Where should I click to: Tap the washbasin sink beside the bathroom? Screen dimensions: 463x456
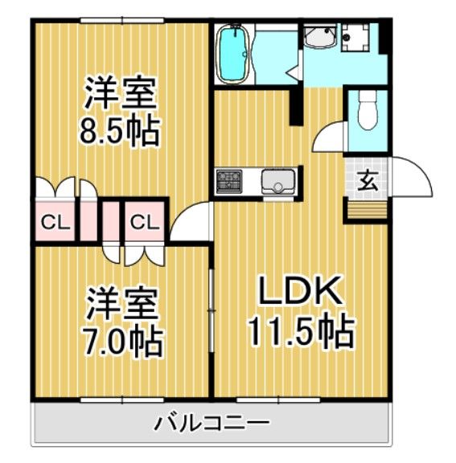[x=320, y=38]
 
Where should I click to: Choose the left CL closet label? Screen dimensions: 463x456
[x=55, y=222]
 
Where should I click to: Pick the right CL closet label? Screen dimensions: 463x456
[x=144, y=222]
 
